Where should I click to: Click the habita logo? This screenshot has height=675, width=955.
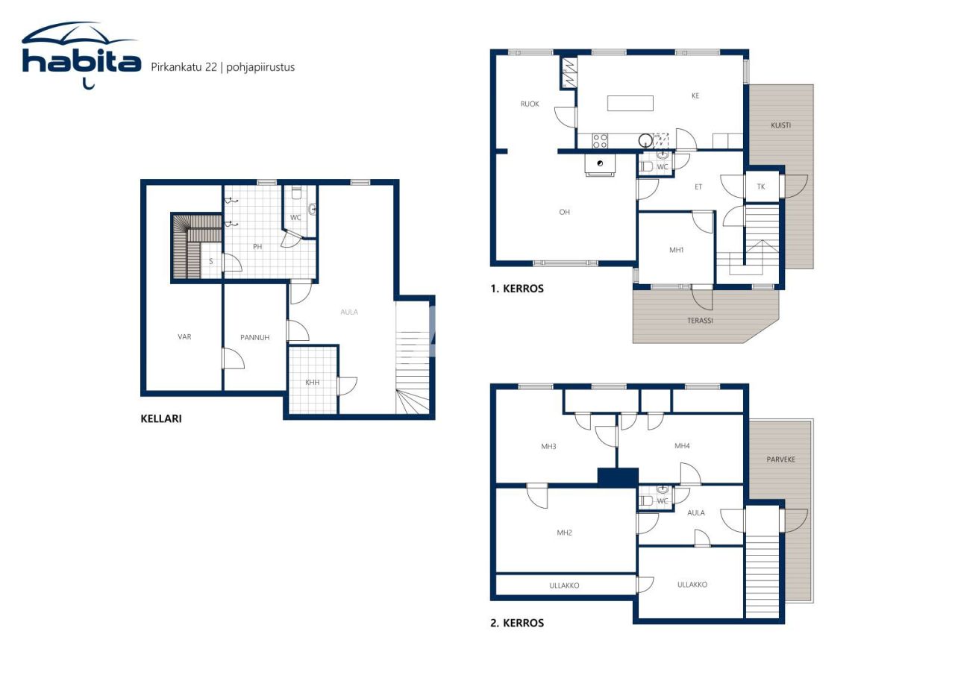(x=81, y=56)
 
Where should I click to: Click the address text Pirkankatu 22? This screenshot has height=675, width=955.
(x=184, y=67)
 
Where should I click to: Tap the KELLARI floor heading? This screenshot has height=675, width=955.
(x=160, y=418)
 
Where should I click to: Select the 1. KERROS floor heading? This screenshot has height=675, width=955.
(x=517, y=289)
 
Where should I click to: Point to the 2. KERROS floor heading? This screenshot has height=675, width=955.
(x=517, y=623)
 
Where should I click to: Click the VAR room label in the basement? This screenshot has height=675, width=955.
(x=184, y=337)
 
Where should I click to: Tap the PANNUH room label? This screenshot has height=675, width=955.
(x=254, y=338)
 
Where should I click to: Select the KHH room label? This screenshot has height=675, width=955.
(x=312, y=383)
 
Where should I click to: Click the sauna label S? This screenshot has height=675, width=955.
(x=211, y=262)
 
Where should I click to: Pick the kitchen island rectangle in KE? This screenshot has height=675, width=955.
(x=630, y=103)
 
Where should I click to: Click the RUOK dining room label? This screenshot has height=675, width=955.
(x=530, y=104)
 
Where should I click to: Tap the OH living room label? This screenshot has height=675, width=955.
(x=565, y=213)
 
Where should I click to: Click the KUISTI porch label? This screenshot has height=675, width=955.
(x=780, y=125)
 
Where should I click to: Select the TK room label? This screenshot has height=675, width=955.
(x=761, y=187)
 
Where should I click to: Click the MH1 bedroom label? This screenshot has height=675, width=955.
(x=677, y=251)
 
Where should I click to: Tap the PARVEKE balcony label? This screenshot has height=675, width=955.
(x=780, y=459)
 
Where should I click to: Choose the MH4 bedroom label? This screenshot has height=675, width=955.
(x=682, y=446)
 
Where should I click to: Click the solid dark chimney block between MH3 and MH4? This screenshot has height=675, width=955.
(x=618, y=477)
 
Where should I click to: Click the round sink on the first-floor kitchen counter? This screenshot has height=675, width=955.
(x=645, y=139)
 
